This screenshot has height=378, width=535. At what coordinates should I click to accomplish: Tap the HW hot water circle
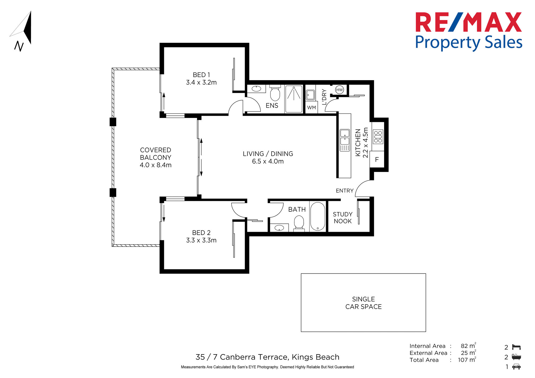[x=339, y=90]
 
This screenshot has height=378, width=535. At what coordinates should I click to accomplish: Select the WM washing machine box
[x=311, y=107]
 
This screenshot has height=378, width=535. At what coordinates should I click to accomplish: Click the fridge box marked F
[x=377, y=160]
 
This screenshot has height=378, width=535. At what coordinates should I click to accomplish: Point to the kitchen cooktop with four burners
[x=378, y=137]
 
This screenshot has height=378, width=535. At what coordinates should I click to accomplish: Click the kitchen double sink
[x=345, y=140]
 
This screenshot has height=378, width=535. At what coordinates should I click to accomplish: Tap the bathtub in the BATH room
[x=318, y=216]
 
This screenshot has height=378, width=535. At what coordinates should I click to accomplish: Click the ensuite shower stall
[x=294, y=99]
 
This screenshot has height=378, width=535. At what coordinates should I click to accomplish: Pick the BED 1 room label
[x=201, y=75]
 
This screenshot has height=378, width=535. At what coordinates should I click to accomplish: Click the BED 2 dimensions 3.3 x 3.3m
[x=201, y=240]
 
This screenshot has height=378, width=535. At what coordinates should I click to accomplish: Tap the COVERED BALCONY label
[x=156, y=154]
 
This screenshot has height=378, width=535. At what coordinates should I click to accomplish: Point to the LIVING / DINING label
[x=268, y=154]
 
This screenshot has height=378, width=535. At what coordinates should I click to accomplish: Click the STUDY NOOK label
[x=343, y=218]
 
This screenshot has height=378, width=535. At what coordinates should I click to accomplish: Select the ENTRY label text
[x=345, y=191]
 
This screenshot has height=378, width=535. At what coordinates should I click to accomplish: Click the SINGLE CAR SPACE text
[x=364, y=303]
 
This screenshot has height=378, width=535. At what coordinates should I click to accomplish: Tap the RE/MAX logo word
[x=468, y=22]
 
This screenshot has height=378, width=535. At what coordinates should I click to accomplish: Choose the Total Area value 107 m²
[x=467, y=360]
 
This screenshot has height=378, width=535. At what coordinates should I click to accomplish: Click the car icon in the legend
[x=516, y=367]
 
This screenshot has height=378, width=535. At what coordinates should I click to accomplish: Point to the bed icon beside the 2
[x=516, y=347]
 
